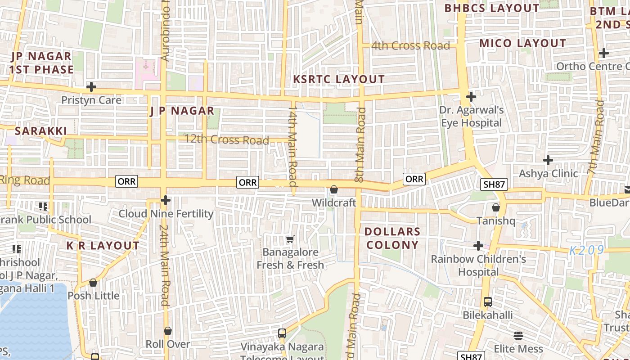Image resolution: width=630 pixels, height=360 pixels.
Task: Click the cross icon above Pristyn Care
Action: (91, 86)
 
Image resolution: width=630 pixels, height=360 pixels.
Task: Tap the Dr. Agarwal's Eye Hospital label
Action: (471, 117)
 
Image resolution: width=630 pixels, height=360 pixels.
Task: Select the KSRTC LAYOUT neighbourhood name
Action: (339, 79)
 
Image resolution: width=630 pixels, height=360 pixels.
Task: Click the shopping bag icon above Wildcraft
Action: (334, 190)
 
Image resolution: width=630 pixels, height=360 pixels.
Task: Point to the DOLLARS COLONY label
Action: (392, 238)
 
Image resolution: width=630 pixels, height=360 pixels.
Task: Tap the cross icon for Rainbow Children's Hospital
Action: (478, 246)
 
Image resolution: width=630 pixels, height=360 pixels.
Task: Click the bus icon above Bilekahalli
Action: (488, 302)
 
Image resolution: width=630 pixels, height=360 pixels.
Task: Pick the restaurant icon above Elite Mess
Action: (518, 336)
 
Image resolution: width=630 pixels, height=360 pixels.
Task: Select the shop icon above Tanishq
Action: (495, 207)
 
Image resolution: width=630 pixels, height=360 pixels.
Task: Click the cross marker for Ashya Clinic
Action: (548, 160)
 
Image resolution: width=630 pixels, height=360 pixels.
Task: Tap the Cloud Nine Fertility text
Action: (166, 214)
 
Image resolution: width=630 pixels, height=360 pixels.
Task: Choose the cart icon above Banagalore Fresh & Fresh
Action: (290, 239)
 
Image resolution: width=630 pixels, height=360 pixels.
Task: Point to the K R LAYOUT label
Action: (103, 246)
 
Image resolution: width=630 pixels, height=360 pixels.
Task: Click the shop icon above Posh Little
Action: (93, 283)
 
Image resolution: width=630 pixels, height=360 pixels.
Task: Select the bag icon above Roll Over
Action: (168, 331)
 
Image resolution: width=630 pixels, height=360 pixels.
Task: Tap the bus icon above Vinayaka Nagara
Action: (282, 333)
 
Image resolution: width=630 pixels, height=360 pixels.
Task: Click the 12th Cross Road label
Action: (227, 139)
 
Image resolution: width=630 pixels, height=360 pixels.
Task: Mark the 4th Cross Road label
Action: (410, 45)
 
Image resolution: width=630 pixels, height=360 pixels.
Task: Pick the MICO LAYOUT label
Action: (522, 43)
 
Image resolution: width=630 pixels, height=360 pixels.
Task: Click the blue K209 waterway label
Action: (586, 251)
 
